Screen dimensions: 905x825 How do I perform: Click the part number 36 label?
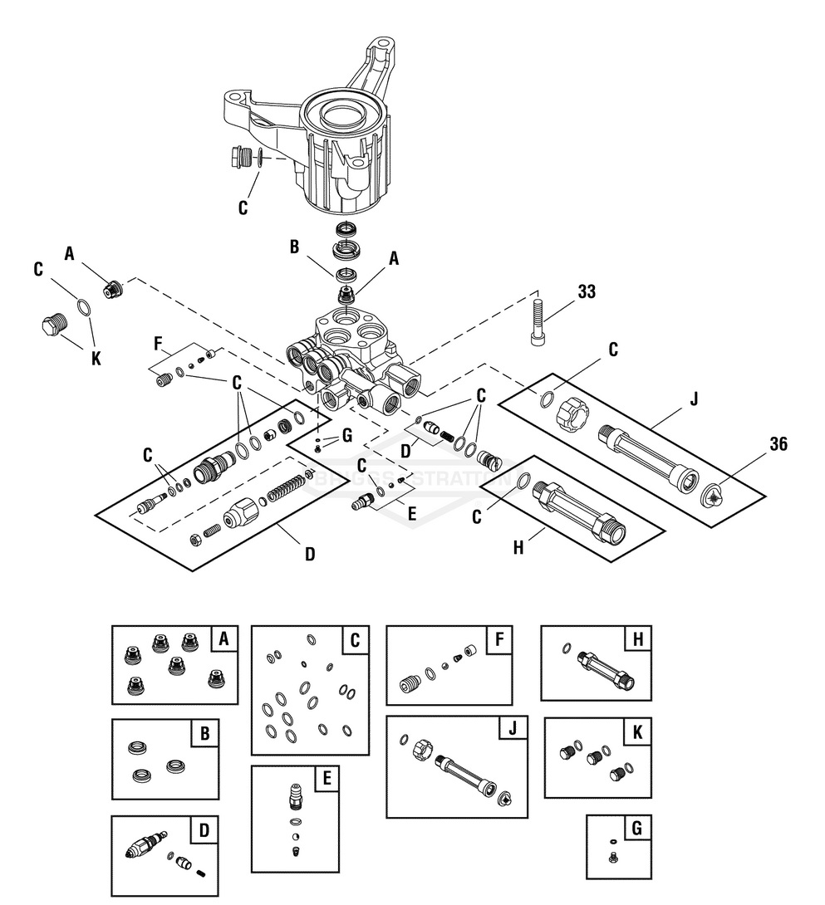point(778,444)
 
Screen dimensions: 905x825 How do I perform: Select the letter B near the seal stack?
point(292,246)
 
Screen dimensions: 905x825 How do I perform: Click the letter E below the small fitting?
point(410,513)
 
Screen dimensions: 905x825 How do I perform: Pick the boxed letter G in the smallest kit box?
point(637,828)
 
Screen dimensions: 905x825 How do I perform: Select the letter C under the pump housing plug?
point(243,208)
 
